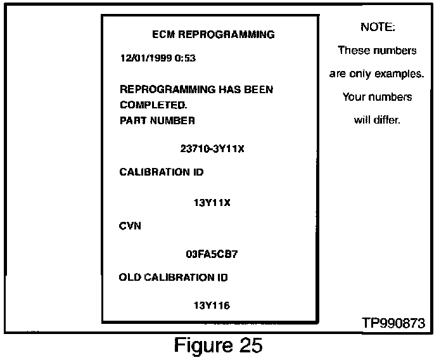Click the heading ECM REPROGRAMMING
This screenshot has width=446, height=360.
tap(213, 34)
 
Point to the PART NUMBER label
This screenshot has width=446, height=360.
tap(157, 120)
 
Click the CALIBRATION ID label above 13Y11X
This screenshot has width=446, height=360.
tap(162, 172)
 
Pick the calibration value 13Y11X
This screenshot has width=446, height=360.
tap(212, 203)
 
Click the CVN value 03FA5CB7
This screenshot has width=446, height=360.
tap(212, 254)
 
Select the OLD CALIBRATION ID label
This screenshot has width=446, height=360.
tap(173, 277)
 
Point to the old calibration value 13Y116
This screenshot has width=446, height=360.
tap(212, 305)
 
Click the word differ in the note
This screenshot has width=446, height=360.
tap(386, 120)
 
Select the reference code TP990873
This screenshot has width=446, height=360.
tap(393, 323)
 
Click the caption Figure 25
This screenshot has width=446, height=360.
tap(218, 346)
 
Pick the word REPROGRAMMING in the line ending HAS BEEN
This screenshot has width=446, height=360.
tap(167, 89)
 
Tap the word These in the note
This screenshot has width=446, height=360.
tap(353, 50)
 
